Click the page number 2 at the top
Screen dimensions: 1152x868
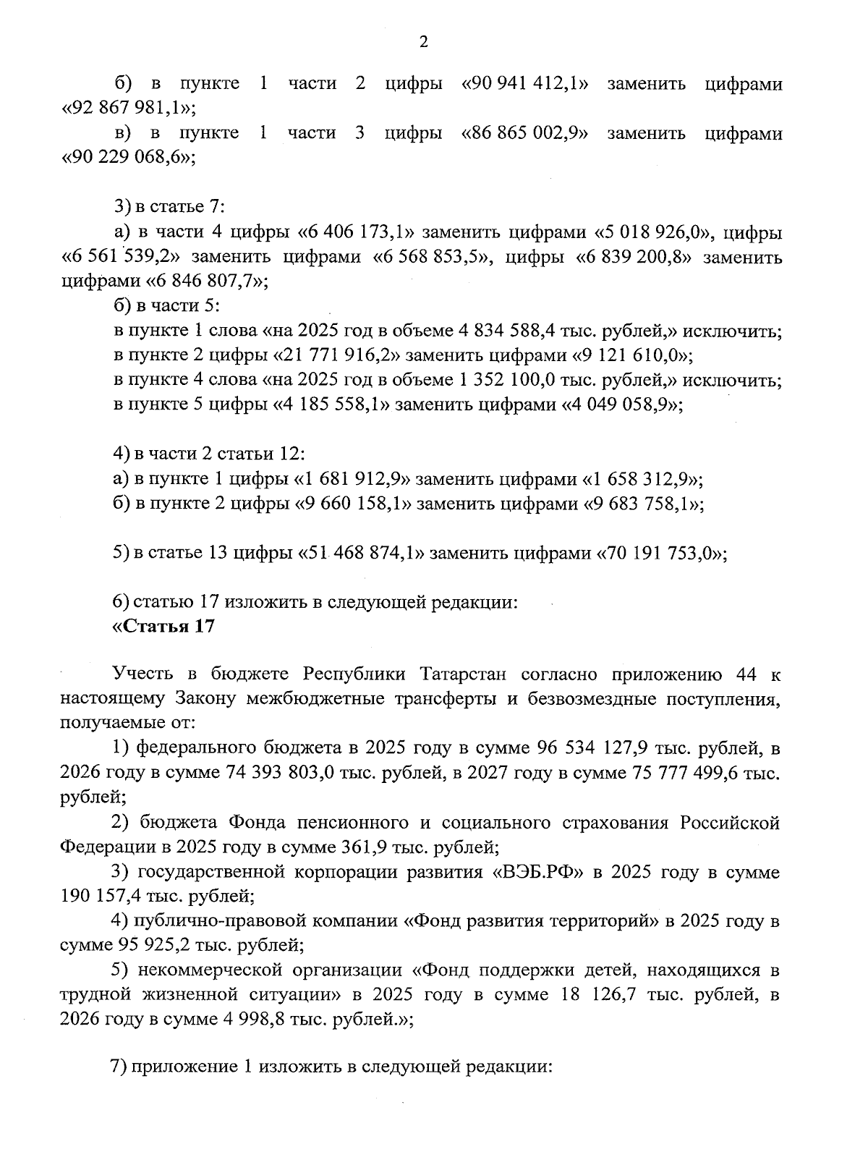tap(424, 42)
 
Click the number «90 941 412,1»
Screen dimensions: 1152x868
tap(524, 85)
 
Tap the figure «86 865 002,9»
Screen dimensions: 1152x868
tap(524, 134)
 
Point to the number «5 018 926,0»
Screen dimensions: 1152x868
tap(655, 233)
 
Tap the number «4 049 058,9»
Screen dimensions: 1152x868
tap(622, 405)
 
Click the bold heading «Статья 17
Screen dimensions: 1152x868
tap(163, 627)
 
